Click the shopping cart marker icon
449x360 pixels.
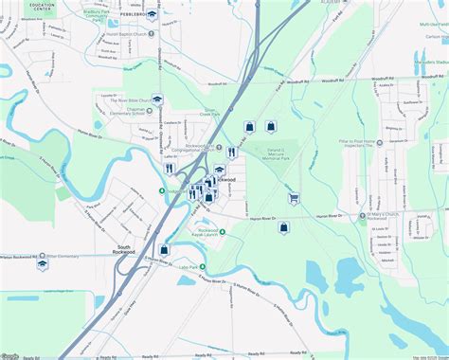pyautogui.click(x=294, y=199)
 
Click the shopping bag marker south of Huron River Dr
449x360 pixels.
pyautogui.click(x=282, y=227)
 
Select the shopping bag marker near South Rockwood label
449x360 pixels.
pyautogui.click(x=164, y=249)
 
